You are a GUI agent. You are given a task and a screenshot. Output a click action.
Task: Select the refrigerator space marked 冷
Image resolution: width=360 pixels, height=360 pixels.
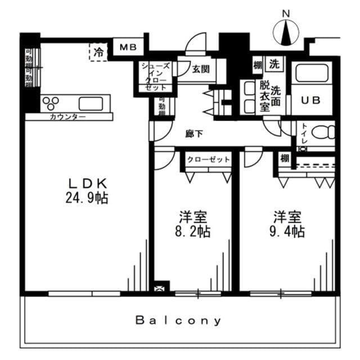pyautogui.click(x=98, y=53)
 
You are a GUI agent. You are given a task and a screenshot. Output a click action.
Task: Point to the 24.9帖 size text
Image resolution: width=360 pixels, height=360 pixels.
pyautogui.click(x=87, y=198)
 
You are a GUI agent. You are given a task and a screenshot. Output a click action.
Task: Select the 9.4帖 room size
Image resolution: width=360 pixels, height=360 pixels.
pyautogui.click(x=289, y=231)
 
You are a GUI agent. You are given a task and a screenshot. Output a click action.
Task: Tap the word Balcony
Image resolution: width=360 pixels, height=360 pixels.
pyautogui.click(x=179, y=321)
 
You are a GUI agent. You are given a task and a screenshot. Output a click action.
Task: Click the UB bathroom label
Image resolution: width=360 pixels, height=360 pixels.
pyautogui.click(x=311, y=101)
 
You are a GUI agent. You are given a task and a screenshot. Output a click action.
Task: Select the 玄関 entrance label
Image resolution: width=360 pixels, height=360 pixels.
pyautogui.click(x=200, y=69)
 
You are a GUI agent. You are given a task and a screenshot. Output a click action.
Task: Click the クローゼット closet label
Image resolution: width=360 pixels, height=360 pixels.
pyautogui.click(x=209, y=160)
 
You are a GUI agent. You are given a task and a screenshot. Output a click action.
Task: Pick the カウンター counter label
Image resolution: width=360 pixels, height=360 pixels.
pyautogui.click(x=67, y=117)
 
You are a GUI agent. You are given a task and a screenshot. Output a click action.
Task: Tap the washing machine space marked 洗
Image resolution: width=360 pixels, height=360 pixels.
pyautogui.click(x=274, y=64)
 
